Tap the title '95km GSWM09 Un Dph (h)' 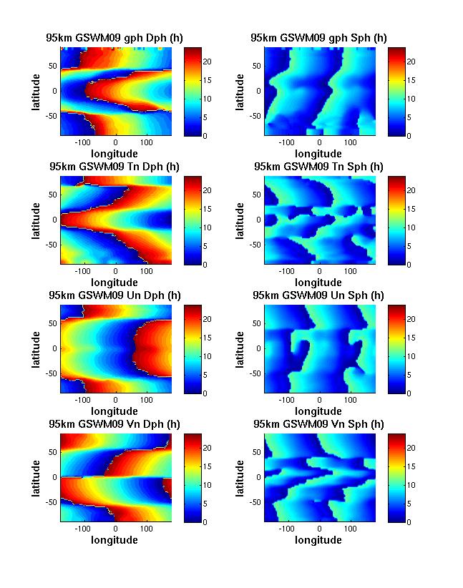(114, 295)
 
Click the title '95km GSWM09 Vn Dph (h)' (114, 424)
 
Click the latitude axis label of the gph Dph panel (35, 91)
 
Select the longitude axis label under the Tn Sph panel (319, 283)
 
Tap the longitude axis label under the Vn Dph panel (115, 540)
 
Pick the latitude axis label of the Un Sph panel (239, 348)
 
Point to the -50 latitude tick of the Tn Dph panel (52, 244)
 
